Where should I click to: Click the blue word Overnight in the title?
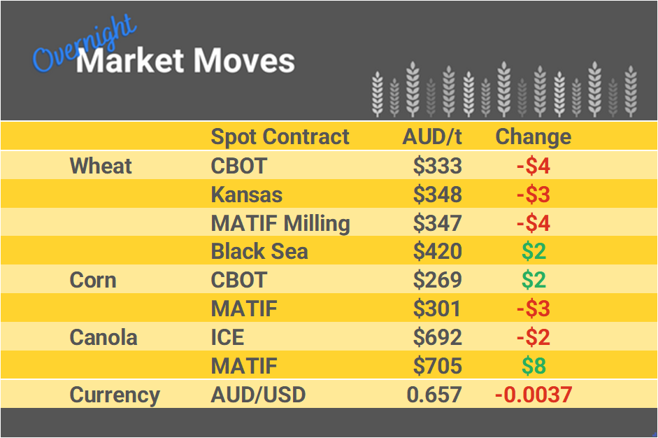[x=84, y=45]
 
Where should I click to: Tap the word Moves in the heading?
[x=243, y=62]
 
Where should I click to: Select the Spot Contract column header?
[x=280, y=136]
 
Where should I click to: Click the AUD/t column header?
[x=432, y=136]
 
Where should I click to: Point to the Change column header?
[x=533, y=136]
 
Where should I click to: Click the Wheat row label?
[x=101, y=166]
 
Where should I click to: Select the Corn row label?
[x=93, y=281]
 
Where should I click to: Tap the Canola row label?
[x=103, y=337]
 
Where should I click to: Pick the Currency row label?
[x=115, y=395]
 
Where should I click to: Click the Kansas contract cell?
[x=247, y=195]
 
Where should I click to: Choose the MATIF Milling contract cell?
[x=280, y=223]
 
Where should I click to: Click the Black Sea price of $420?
[x=437, y=252]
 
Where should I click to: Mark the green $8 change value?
[x=533, y=366]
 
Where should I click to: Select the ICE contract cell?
[x=227, y=337]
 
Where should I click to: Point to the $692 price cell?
[x=437, y=337]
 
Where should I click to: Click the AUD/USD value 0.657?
[x=434, y=395]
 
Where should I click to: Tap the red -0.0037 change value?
[x=533, y=395]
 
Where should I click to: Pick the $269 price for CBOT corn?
[x=437, y=281]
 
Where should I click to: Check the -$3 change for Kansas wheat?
[x=533, y=195]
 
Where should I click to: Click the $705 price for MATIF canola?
[x=437, y=366]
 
